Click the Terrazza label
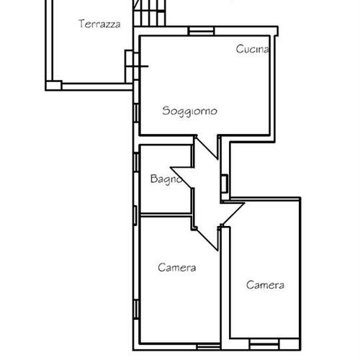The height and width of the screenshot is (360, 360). point(99,24)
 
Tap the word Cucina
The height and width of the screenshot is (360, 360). point(252,49)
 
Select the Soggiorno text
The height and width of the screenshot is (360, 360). point(189,112)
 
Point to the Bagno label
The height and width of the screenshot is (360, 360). point(166,179)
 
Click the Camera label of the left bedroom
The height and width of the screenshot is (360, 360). point(177,268)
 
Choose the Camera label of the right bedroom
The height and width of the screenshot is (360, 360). point(265,285)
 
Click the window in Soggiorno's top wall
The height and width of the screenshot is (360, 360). point(201,31)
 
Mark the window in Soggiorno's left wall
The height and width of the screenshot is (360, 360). point(136,113)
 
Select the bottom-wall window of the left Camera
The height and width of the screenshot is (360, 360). point(209,347)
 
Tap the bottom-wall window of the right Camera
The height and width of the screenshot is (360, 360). point(264,344)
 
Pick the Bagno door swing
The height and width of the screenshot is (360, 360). point(182,178)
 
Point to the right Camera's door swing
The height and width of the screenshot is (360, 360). point(233,214)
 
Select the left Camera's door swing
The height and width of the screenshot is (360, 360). point(207,238)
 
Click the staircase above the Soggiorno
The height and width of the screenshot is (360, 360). point(150,13)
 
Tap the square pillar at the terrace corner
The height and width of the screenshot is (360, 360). point(54,86)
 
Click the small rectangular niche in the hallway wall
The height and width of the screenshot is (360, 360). point(225,184)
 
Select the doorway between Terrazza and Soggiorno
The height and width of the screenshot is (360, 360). point(136,66)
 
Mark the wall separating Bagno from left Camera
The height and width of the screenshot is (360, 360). point(166,215)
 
